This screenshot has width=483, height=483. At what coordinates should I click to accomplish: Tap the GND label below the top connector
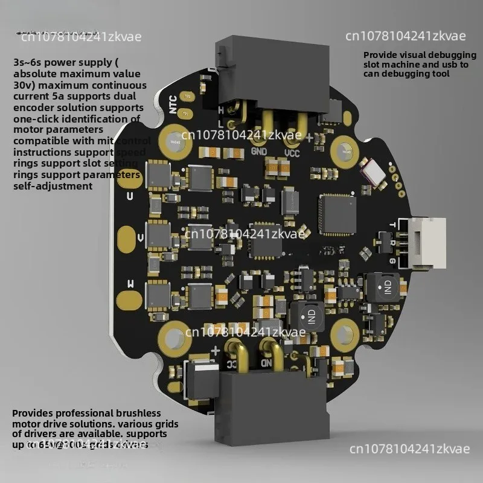(259, 152)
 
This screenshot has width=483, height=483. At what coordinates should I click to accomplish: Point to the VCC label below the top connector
(292, 153)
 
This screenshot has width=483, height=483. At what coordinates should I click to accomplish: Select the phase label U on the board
(129, 196)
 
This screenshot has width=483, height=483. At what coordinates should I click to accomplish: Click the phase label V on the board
(141, 238)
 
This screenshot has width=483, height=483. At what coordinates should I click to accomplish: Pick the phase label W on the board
(129, 283)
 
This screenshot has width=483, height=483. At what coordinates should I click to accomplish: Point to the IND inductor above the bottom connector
(304, 316)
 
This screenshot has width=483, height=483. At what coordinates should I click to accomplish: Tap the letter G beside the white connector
(393, 260)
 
